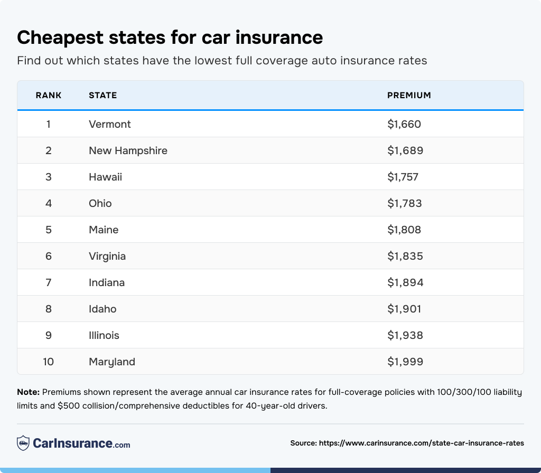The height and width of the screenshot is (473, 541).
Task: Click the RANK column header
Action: click(49, 96)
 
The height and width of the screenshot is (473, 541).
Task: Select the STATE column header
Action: click(102, 96)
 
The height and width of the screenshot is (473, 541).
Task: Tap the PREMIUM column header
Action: click(409, 96)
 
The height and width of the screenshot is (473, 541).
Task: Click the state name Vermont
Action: click(110, 124)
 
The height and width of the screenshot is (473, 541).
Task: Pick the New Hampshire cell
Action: click(128, 150)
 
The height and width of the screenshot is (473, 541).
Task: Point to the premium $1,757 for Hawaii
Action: click(403, 177)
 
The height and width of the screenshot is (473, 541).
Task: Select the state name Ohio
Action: click(100, 203)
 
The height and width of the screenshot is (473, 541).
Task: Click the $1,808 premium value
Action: click(404, 230)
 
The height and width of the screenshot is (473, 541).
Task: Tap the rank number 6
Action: click(49, 256)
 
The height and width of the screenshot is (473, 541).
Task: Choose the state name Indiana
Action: click(107, 282)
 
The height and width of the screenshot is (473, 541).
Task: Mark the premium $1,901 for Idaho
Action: click(404, 309)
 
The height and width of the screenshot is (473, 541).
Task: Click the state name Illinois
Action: click(104, 335)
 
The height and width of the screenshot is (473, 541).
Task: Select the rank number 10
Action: click(49, 362)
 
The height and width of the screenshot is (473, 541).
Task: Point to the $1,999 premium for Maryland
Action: click(405, 362)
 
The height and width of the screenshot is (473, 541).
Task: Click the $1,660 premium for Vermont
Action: click(404, 124)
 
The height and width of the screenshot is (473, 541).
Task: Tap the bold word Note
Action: click(28, 392)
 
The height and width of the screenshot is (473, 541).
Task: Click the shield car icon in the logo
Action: click(23, 443)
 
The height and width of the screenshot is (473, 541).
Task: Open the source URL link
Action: click(422, 443)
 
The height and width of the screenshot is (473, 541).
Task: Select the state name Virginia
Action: click(107, 256)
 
